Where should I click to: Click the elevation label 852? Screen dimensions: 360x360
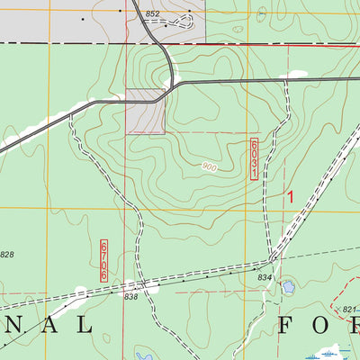point(151,14)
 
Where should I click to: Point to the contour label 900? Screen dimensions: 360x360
point(209,167)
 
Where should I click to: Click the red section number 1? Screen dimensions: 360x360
point(290,195)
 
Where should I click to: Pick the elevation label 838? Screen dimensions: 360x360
point(131,296)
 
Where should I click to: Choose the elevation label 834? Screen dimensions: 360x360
point(264,277)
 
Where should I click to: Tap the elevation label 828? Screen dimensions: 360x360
point(7,256)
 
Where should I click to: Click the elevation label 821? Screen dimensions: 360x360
point(349,310)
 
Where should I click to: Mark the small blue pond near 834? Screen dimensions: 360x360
point(288,287)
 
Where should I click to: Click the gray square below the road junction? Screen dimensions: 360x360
point(145,112)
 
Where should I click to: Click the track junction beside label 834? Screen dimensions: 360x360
point(271,262)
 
